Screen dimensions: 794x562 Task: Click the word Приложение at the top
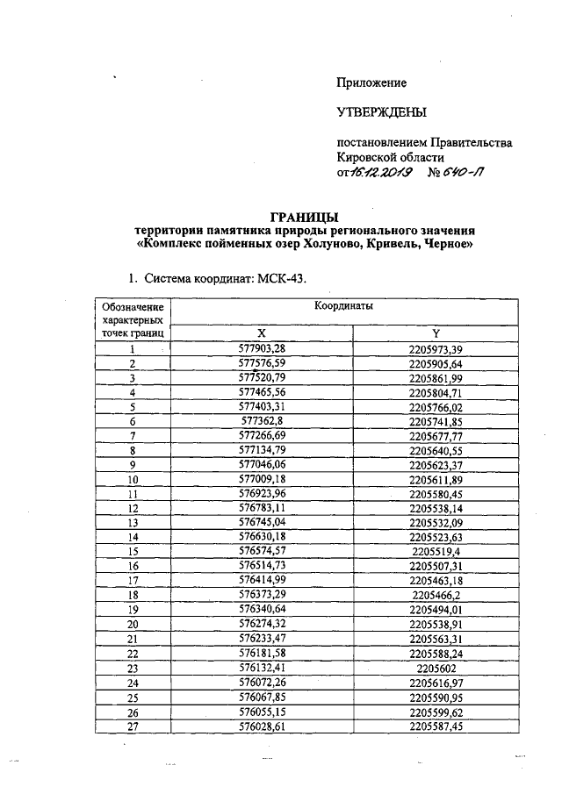tap(371, 82)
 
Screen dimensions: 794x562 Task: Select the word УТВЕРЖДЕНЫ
tap(381, 112)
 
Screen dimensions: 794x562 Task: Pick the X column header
tap(260, 333)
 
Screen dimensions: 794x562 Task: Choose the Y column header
tap(436, 333)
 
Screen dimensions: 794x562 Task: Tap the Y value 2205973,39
tap(436, 349)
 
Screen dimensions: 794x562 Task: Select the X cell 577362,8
tap(260, 420)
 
